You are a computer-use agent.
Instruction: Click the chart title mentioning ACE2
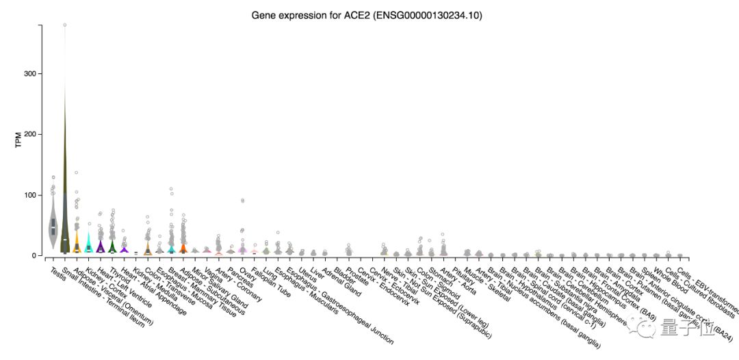click(x=369, y=14)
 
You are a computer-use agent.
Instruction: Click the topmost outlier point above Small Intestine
click(x=64, y=25)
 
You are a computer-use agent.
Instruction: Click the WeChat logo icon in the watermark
click(x=647, y=332)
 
